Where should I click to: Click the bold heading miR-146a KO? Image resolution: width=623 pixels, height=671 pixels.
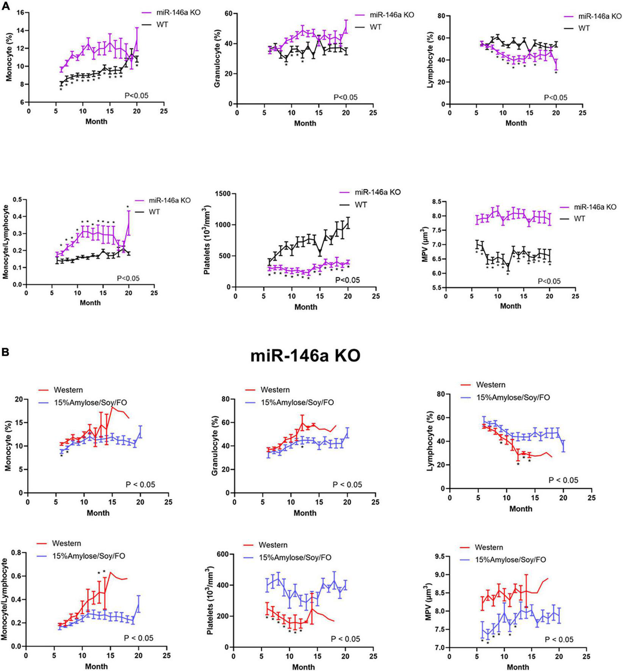click(x=305, y=356)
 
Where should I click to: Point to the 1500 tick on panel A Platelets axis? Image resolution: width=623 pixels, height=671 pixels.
click(x=221, y=194)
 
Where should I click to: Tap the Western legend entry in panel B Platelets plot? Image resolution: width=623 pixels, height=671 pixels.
click(x=273, y=545)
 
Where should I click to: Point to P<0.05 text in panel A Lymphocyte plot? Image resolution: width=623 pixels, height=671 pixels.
click(x=556, y=98)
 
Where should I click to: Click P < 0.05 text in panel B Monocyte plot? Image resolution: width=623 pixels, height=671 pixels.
click(x=140, y=484)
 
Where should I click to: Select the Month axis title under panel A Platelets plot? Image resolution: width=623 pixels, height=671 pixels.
click(x=305, y=307)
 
